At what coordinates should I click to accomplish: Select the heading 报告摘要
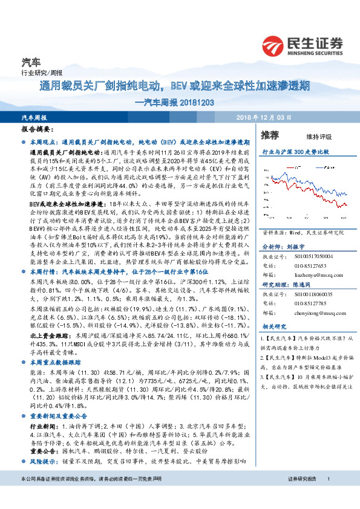point(36,129)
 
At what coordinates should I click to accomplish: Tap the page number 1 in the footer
point(328,496)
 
